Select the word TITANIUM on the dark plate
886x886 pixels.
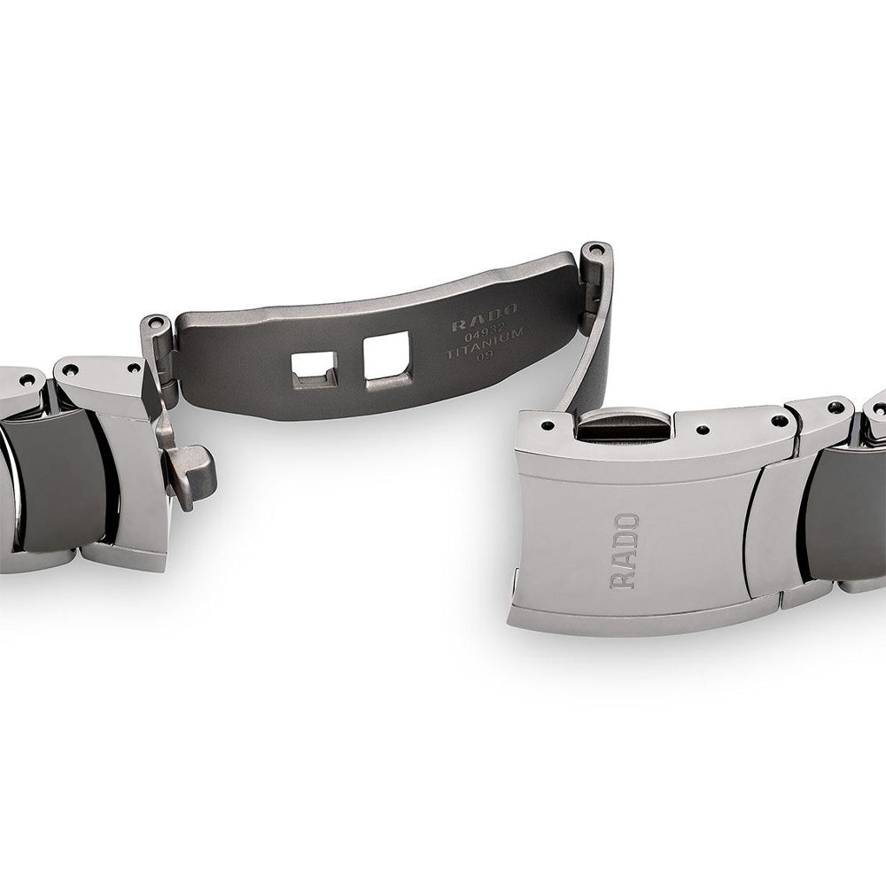click(486, 344)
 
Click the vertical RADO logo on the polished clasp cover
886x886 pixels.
click(625, 551)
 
